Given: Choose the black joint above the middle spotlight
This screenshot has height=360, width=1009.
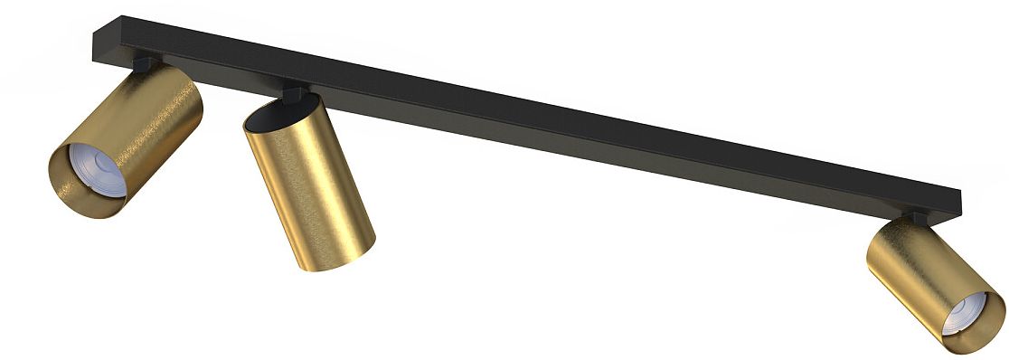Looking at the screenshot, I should (294, 92).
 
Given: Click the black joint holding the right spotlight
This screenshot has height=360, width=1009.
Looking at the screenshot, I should (915, 217).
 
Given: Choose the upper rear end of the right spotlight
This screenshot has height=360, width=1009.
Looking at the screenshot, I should (891, 231).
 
